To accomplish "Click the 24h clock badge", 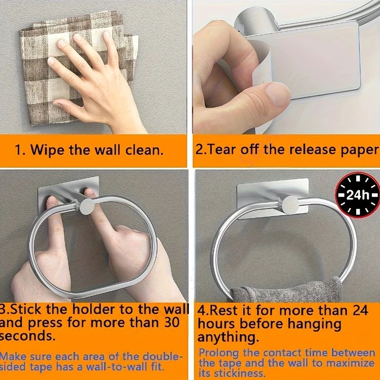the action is (x=357, y=195).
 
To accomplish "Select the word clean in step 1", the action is (x=144, y=150).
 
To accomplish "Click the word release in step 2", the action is (x=313, y=149).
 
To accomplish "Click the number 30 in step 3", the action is (x=171, y=323).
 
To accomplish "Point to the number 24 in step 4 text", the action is (x=361, y=310).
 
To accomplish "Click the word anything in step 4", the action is (x=228, y=337).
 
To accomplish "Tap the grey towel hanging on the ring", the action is (x=286, y=291).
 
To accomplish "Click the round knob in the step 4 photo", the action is (x=290, y=205).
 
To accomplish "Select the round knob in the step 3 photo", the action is (x=88, y=207).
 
